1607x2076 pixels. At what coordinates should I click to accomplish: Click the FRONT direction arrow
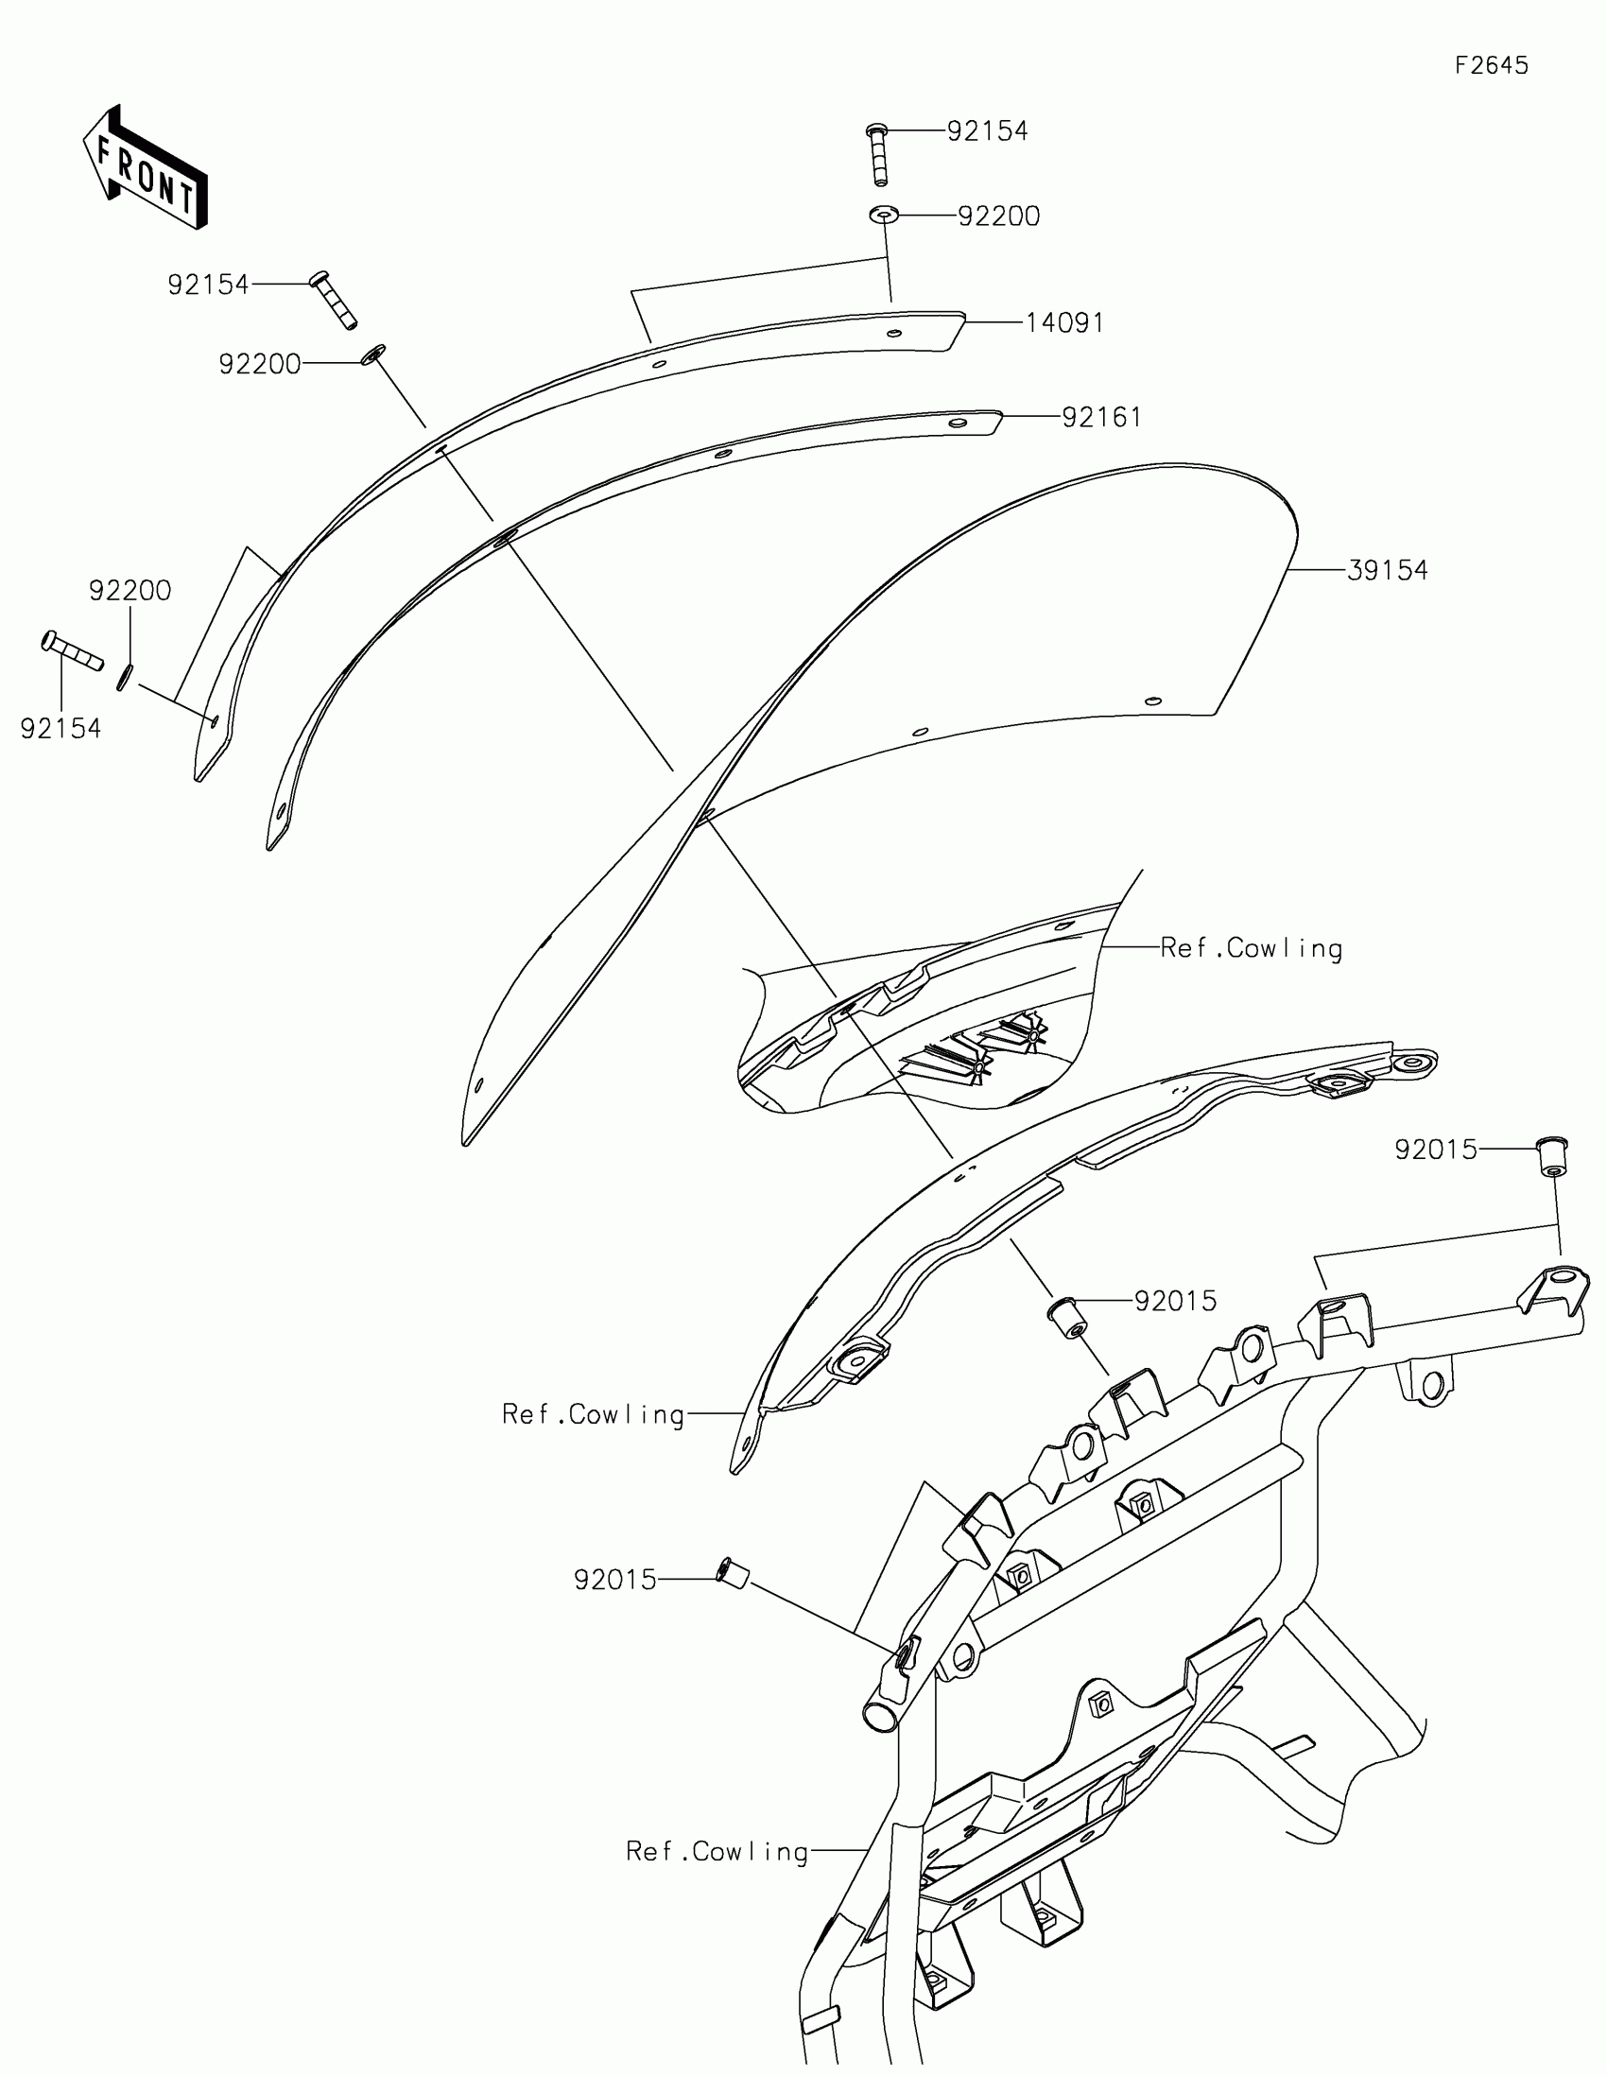[x=145, y=168]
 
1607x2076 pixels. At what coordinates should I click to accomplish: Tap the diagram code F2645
[x=1491, y=65]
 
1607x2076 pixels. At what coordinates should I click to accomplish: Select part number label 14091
[x=1064, y=323]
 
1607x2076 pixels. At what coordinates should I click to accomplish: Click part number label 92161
[x=1101, y=417]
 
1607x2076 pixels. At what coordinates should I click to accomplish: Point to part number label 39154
[x=1388, y=570]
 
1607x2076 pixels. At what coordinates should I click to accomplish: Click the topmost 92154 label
[x=988, y=131]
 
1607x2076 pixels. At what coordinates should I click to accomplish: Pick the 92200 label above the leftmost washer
[x=130, y=590]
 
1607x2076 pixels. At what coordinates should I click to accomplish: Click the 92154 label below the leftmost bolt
[x=60, y=729]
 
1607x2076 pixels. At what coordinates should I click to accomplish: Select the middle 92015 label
[x=1176, y=1302]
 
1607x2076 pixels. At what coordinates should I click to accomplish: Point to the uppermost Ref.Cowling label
[x=1251, y=948]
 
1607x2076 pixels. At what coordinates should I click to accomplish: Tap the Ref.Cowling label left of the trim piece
[x=593, y=1415]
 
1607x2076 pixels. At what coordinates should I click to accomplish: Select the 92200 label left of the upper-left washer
[x=259, y=364]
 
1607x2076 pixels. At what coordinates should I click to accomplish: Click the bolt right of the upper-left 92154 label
[x=333, y=300]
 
